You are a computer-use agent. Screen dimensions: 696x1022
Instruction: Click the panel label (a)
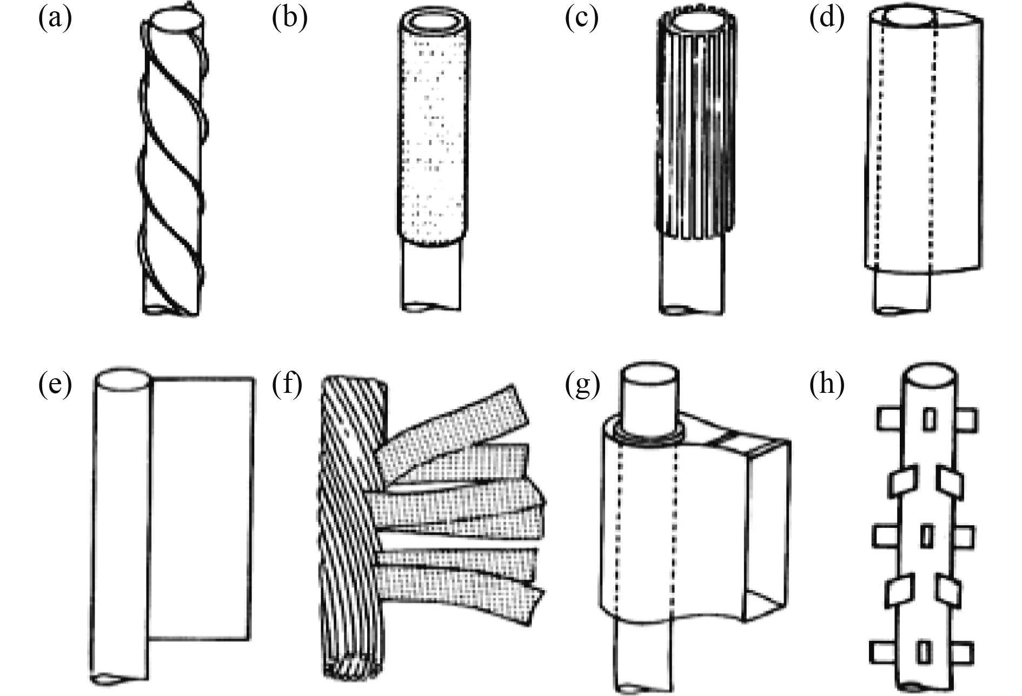pyautogui.click(x=55, y=19)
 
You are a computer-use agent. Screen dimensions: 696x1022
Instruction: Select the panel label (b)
pyautogui.click(x=290, y=19)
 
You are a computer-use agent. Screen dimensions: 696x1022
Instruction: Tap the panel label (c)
pyautogui.click(x=582, y=19)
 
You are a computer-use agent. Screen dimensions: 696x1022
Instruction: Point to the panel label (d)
pyautogui.click(x=827, y=19)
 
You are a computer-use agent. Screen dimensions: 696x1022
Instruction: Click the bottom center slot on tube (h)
pyautogui.click(x=924, y=652)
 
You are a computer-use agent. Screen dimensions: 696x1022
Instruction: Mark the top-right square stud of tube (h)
pyautogui.click(x=966, y=420)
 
